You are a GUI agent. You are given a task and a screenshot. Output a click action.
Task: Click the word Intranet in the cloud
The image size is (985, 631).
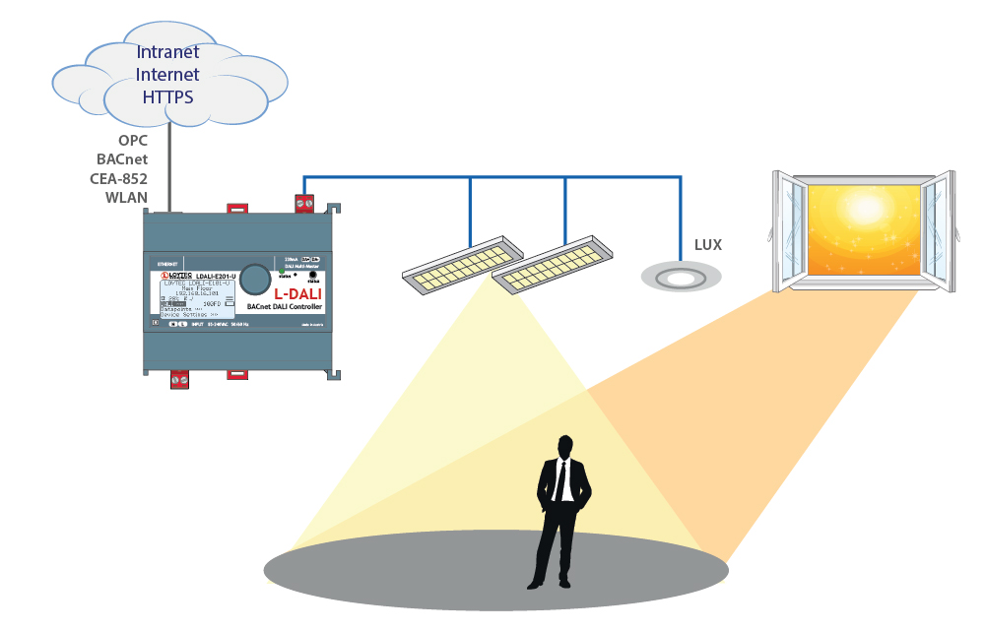167,52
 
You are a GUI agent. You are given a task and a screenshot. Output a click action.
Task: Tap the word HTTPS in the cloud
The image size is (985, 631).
167,96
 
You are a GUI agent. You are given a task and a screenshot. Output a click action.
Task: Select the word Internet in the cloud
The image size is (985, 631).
167,75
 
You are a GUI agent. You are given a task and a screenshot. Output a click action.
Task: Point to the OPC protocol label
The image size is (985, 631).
132,141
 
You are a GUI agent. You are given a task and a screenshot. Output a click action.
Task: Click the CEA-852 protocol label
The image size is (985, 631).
119,178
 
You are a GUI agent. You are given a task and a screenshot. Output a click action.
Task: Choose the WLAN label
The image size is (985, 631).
126,197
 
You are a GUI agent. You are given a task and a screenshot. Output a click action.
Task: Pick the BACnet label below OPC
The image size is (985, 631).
122,159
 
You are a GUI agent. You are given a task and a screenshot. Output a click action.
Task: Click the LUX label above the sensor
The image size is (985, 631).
708,245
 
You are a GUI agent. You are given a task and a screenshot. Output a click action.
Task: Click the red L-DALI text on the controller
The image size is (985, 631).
297,293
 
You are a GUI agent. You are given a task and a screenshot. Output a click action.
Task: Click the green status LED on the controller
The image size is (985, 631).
282,272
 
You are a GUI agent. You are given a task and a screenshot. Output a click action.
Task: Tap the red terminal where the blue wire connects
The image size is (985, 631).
305,204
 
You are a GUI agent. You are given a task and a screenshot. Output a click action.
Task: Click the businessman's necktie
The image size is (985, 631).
561,481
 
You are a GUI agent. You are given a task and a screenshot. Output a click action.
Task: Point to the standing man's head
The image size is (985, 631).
563,447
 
